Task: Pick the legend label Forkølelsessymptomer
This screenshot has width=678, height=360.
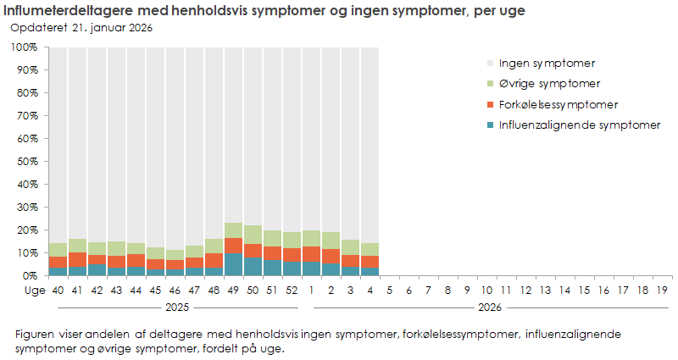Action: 558,105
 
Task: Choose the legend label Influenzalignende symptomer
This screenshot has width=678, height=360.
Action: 579,126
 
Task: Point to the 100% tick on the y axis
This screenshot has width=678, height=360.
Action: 24,47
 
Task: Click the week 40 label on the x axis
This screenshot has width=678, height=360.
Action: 58,291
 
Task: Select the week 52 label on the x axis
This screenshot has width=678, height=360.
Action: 292,291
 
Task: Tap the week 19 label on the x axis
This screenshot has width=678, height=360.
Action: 662,291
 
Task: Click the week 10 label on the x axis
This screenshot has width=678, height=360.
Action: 486,291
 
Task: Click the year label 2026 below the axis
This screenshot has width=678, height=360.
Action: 486,307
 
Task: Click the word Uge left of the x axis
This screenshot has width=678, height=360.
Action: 32,291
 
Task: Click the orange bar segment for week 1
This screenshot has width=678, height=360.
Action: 311,254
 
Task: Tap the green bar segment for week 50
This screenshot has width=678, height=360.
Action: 253,235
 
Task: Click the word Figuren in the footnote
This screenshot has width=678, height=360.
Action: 34,335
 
